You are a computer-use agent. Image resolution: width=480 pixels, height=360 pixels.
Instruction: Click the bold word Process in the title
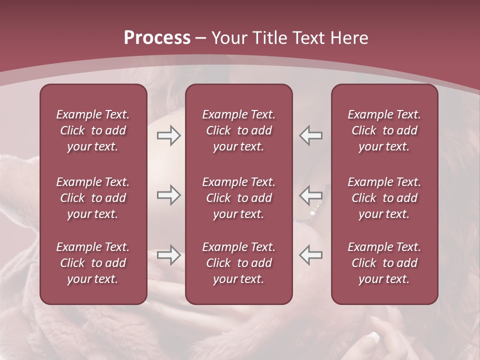pyautogui.click(x=157, y=38)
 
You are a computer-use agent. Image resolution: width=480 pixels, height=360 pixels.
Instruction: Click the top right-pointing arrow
pyautogui.click(x=169, y=135)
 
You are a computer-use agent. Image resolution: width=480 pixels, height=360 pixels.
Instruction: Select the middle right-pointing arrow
pyautogui.click(x=169, y=195)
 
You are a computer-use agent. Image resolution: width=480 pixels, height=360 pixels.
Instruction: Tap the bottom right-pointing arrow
pyautogui.click(x=169, y=255)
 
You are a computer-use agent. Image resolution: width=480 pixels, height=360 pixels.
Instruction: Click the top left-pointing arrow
pyautogui.click(x=310, y=135)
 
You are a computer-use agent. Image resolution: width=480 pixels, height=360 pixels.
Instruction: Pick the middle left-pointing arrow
pyautogui.click(x=310, y=195)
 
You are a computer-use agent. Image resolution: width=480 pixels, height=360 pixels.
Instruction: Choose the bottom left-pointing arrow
pyautogui.click(x=310, y=255)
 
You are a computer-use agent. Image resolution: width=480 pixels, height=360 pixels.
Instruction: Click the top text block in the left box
pyautogui.click(x=93, y=130)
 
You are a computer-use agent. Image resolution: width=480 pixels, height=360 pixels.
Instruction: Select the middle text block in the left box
pyautogui.click(x=93, y=198)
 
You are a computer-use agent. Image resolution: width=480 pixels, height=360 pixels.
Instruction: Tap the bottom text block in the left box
pyautogui.click(x=93, y=263)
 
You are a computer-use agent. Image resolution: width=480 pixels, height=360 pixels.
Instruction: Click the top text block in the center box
pyautogui.click(x=238, y=130)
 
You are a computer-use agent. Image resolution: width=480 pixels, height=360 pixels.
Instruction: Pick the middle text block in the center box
pyautogui.click(x=238, y=198)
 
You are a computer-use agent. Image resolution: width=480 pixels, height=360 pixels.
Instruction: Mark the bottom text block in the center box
pyautogui.click(x=238, y=263)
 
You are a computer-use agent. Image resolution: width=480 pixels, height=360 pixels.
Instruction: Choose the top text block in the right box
pyautogui.click(x=384, y=130)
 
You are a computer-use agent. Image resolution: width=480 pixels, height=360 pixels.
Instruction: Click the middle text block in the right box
pyautogui.click(x=384, y=198)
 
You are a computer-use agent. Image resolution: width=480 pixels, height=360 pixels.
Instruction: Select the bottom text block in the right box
pyautogui.click(x=384, y=263)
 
